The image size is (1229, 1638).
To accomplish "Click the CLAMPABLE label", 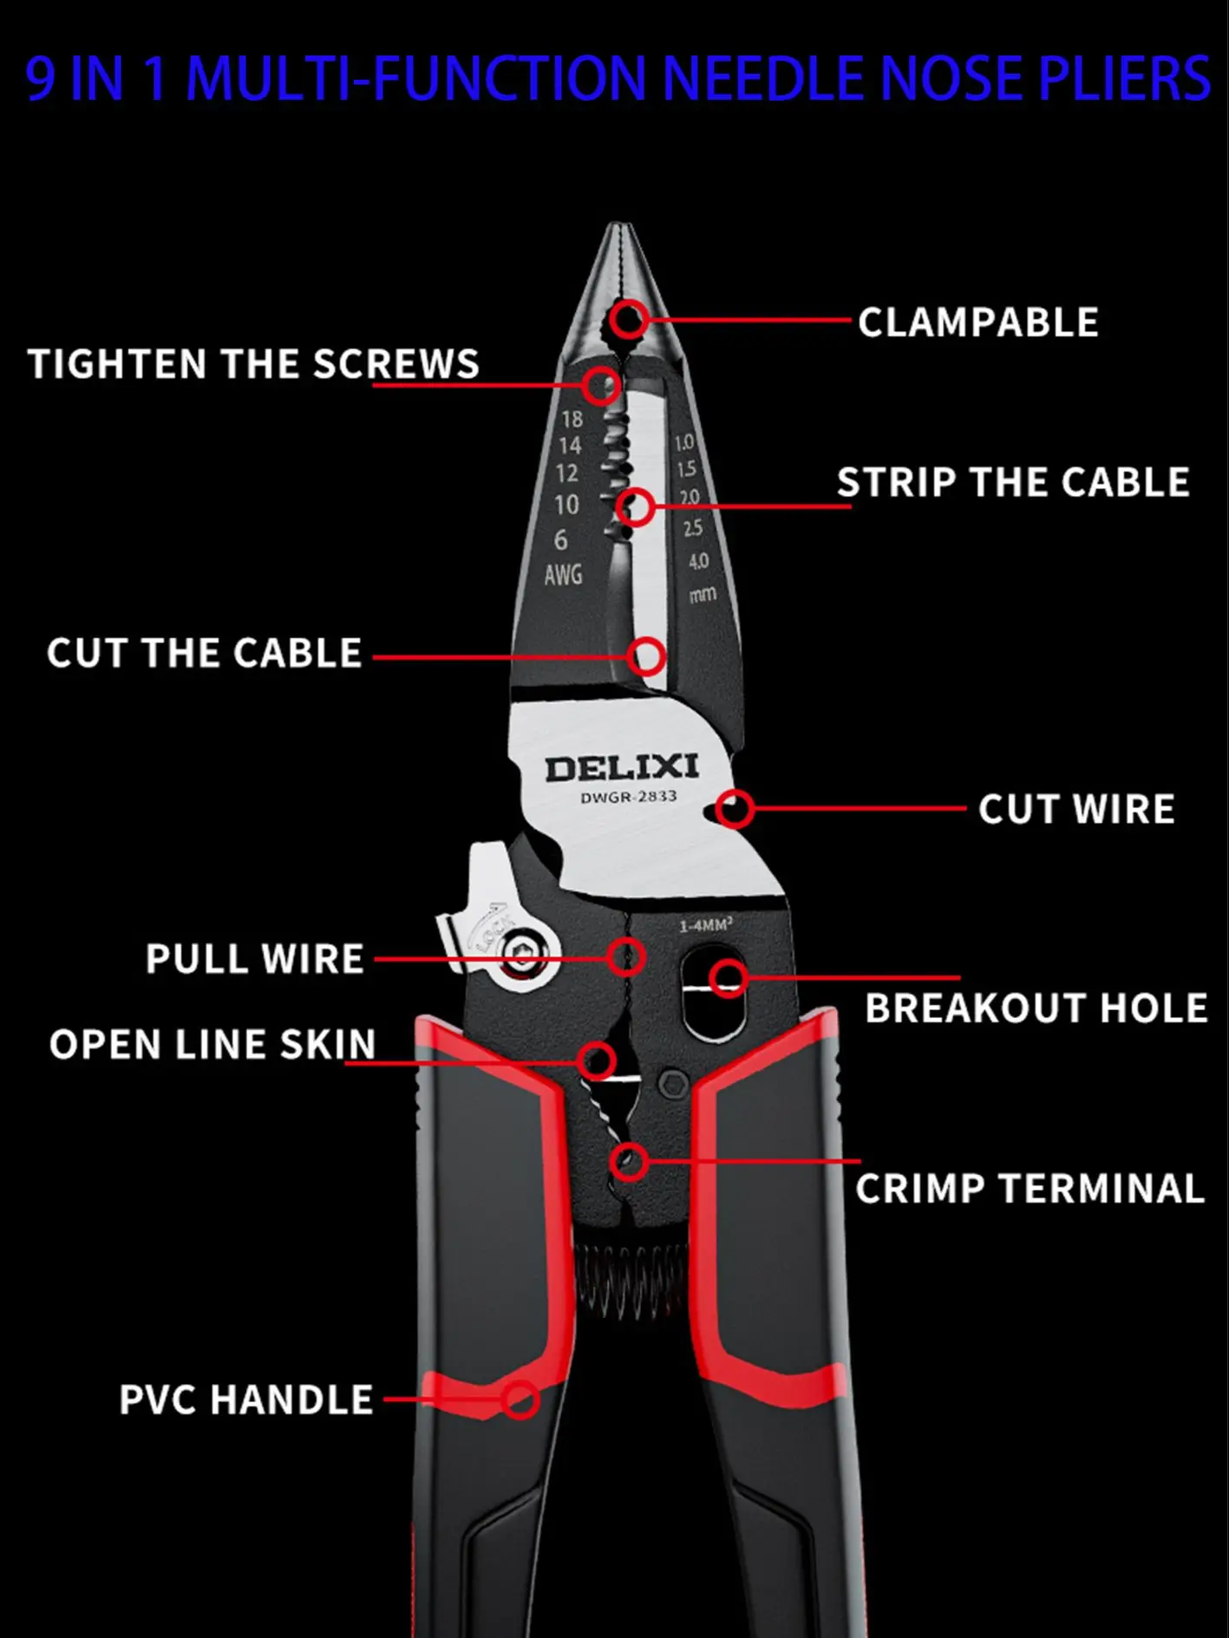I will point(977,323).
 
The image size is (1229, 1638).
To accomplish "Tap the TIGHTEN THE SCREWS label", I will point(253,364).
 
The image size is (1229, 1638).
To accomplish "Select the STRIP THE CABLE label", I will point(1012,482).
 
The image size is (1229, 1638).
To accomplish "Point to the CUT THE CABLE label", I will point(205,653).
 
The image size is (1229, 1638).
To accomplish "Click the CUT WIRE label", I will point(1076,809).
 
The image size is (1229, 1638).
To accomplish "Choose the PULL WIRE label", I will point(254,959).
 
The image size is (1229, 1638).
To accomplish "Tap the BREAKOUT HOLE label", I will point(1036,1008).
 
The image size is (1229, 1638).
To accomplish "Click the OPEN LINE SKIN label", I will point(212,1044).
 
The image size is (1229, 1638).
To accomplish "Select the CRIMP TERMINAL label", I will point(1030,1188).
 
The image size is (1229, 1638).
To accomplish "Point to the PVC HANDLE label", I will point(246,1400).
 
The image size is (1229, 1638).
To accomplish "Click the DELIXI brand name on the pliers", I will point(621,767).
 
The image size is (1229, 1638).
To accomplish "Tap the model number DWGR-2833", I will point(628,796).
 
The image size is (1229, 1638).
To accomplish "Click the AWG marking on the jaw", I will point(563,574).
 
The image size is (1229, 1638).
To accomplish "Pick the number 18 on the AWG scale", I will point(572,420).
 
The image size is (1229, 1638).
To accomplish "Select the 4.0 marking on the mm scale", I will point(698,561).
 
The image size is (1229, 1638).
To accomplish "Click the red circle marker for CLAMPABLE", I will point(628,319).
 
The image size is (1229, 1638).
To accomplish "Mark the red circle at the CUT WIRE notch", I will point(735,809).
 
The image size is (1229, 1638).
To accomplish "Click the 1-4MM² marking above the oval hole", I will point(705,926).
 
